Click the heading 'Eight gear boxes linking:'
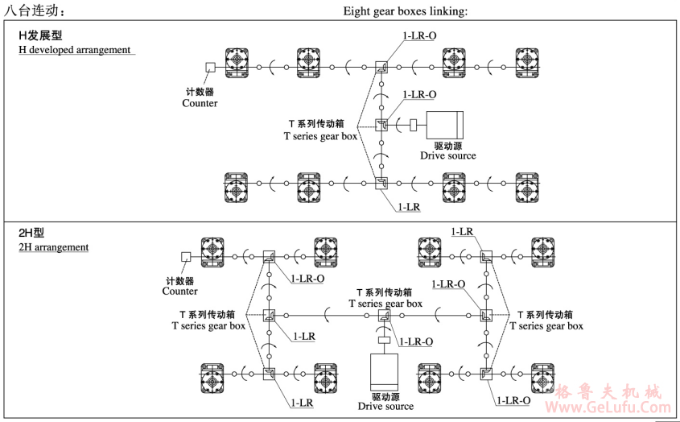(x=406, y=10)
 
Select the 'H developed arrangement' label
(x=75, y=50)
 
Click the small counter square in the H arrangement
(x=210, y=68)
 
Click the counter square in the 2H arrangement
(x=185, y=257)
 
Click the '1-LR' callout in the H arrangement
(x=410, y=207)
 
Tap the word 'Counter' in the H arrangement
(x=200, y=103)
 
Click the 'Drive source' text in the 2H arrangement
(x=385, y=406)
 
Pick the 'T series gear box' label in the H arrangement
(x=320, y=136)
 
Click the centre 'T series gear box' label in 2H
(x=385, y=304)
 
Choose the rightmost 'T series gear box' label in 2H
(x=546, y=325)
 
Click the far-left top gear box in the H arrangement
(x=237, y=62)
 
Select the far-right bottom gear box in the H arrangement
(x=527, y=187)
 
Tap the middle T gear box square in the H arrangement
(x=381, y=125)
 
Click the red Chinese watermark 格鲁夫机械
(x=609, y=393)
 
